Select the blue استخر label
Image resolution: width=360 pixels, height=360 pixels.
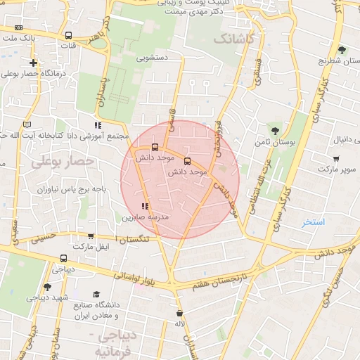pyautogui.click(x=314, y=222)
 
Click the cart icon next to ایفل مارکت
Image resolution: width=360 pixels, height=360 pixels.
pyautogui.click(x=91, y=237)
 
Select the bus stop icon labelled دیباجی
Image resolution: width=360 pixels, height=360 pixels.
pyautogui.click(x=64, y=258)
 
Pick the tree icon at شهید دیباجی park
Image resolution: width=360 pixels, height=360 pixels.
pyautogui.click(x=47, y=287)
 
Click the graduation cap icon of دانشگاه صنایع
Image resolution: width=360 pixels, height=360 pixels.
pyautogui.click(x=96, y=294)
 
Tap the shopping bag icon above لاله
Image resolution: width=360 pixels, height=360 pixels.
pyautogui.click(x=180, y=313)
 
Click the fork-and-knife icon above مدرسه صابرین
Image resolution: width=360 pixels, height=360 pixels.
pyautogui.click(x=144, y=206)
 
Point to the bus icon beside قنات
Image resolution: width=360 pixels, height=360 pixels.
pyautogui.click(x=68, y=35)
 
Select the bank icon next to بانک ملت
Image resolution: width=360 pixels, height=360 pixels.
pyautogui.click(x=18, y=27)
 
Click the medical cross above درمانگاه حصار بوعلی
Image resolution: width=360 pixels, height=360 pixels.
pyautogui.click(x=33, y=63)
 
